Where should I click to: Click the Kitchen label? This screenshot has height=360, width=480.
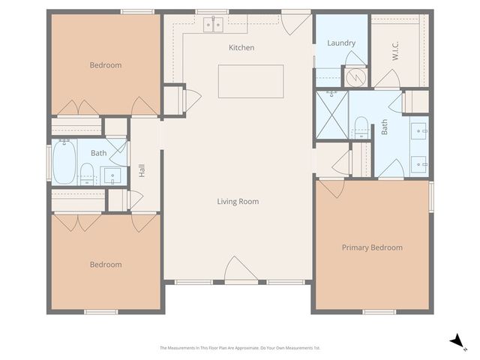[x=241, y=47]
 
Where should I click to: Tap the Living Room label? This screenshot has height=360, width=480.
[x=238, y=201]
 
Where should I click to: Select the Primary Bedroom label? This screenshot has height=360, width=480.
[x=372, y=247]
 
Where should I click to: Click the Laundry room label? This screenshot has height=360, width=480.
[x=341, y=43]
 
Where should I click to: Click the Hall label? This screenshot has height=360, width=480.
[x=142, y=171]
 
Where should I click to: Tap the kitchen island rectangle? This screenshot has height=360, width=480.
[x=250, y=81]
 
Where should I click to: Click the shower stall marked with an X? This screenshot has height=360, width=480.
[x=331, y=115]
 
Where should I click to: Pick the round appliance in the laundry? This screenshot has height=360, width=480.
[x=356, y=76]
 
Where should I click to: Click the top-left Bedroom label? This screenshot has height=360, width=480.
[x=105, y=65]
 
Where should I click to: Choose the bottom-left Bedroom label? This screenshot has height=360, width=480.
[x=105, y=264]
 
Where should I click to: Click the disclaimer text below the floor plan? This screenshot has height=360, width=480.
[x=240, y=347]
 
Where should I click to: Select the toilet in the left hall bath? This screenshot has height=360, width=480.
[x=87, y=172]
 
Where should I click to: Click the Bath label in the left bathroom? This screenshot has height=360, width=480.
[x=99, y=153]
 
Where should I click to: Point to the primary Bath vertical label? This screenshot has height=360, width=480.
[x=384, y=128]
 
